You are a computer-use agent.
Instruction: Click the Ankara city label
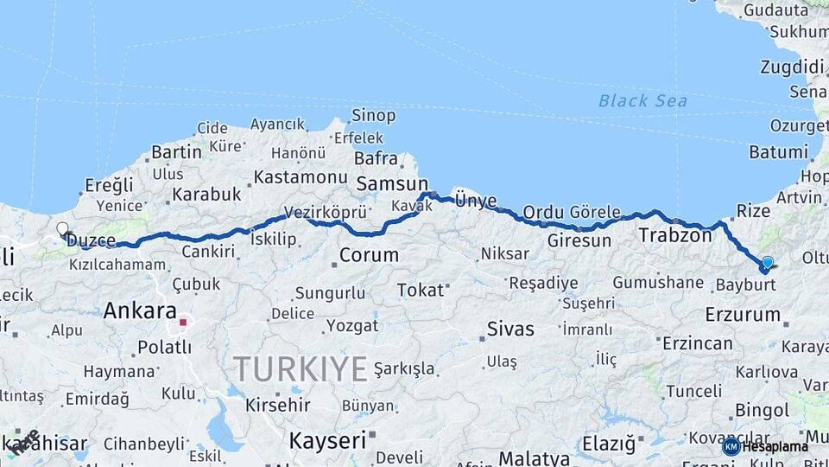(x=140, y=310)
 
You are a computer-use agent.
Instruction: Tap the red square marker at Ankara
(x=183, y=323)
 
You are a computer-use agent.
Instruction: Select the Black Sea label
(x=643, y=101)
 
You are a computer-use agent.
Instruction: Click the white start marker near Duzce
(x=62, y=229)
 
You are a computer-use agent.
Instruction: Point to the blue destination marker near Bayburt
(x=766, y=263)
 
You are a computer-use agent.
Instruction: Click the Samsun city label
(x=392, y=183)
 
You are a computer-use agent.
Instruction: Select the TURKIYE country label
(x=301, y=369)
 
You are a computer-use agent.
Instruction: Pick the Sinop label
(x=374, y=115)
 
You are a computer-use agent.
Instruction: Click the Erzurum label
(x=742, y=314)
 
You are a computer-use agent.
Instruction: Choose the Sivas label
(x=510, y=329)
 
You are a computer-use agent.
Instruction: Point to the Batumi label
(x=778, y=152)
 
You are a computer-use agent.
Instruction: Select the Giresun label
(x=579, y=240)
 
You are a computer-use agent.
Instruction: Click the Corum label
(x=369, y=255)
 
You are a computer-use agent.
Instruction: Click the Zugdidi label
(x=792, y=67)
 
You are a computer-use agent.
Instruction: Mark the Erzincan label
(x=698, y=343)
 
